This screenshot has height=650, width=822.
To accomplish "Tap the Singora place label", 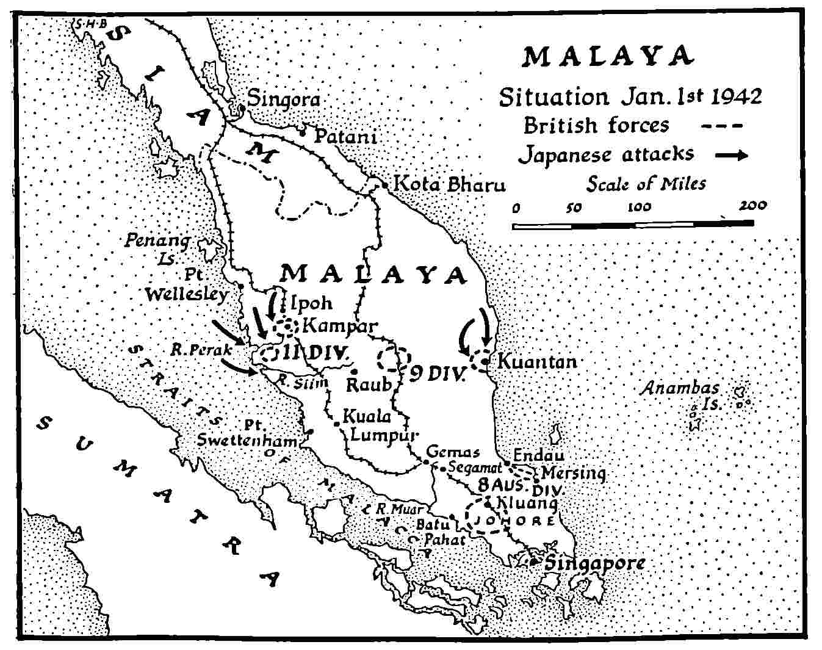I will (x=283, y=99).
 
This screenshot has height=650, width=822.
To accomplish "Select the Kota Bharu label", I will (x=450, y=184).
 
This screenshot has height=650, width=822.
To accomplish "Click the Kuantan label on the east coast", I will (x=536, y=361).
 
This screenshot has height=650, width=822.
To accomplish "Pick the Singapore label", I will (x=594, y=563).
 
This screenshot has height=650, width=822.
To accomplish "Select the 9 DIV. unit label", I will (x=437, y=374).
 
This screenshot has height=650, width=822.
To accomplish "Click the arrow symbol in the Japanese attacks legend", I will (x=731, y=156).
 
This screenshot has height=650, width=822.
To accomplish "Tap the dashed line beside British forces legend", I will (x=722, y=127).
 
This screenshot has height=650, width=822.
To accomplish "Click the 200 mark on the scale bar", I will (x=753, y=206).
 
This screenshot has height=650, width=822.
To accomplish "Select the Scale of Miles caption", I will (x=646, y=184).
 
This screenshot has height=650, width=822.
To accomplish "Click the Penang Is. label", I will (x=157, y=248).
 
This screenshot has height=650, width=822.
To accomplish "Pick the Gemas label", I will (x=453, y=452).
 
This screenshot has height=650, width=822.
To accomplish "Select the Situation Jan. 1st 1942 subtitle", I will (x=630, y=98).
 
